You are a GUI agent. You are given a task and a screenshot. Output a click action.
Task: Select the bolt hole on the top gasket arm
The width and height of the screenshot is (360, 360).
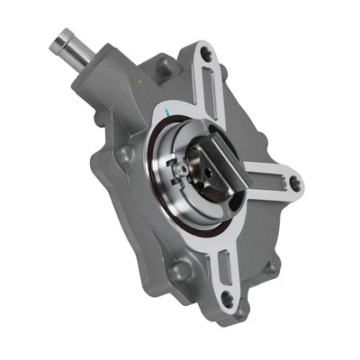tap(207, 56)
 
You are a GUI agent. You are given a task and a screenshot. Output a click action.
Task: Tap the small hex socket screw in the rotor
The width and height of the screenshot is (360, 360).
tap(184, 168)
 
